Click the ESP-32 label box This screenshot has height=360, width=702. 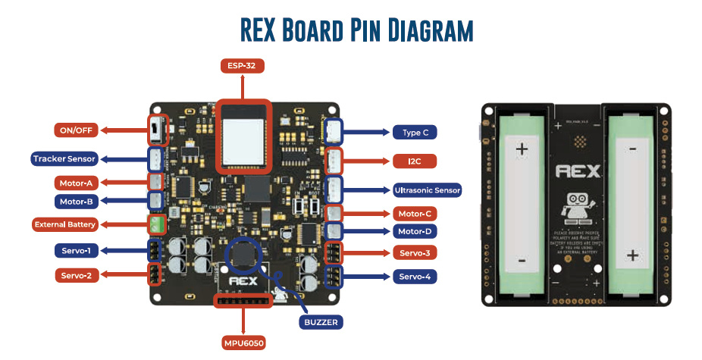point(243,66)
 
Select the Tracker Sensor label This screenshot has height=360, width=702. point(64,159)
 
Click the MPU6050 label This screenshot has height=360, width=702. point(243,343)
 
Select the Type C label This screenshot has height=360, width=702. point(415,133)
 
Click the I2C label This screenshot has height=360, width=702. point(415,161)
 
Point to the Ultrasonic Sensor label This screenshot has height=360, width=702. point(428,189)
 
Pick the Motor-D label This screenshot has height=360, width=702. point(415,231)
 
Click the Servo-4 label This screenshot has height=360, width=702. point(415,277)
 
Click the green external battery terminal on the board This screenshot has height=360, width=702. point(157,224)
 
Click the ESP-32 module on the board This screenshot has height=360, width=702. point(243,136)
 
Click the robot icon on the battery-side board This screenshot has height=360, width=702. point(578,205)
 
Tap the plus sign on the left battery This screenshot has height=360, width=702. point(522,149)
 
